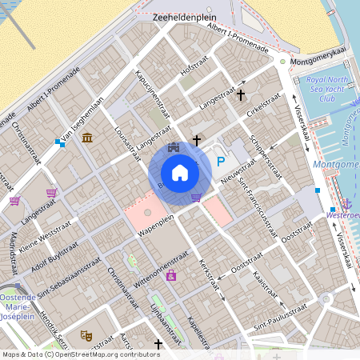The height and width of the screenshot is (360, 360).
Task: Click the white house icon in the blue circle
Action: click(180, 172)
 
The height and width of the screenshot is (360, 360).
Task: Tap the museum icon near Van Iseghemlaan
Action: click(86, 139)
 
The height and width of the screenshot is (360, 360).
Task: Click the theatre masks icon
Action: click(86, 336)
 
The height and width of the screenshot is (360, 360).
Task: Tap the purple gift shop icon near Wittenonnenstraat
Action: click(171, 276)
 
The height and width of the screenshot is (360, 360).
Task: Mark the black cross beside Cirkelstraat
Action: click(241, 95)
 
